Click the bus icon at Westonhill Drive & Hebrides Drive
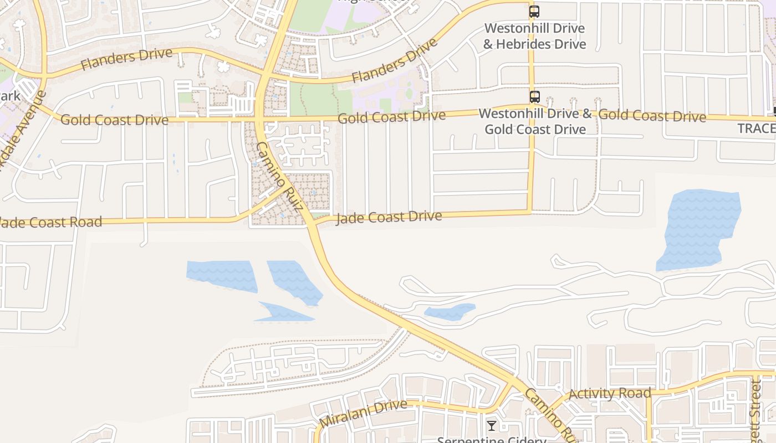(x=534, y=11)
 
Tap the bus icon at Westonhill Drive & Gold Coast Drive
(x=534, y=97)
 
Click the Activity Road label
(x=610, y=394)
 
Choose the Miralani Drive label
(x=364, y=413)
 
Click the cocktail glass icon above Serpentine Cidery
(x=492, y=426)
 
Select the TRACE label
(x=756, y=128)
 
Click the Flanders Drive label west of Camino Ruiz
(x=126, y=59)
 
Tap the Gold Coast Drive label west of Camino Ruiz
(x=114, y=120)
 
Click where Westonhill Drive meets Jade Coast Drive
(x=530, y=212)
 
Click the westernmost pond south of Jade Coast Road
(x=222, y=274)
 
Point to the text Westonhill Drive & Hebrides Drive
(x=534, y=35)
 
